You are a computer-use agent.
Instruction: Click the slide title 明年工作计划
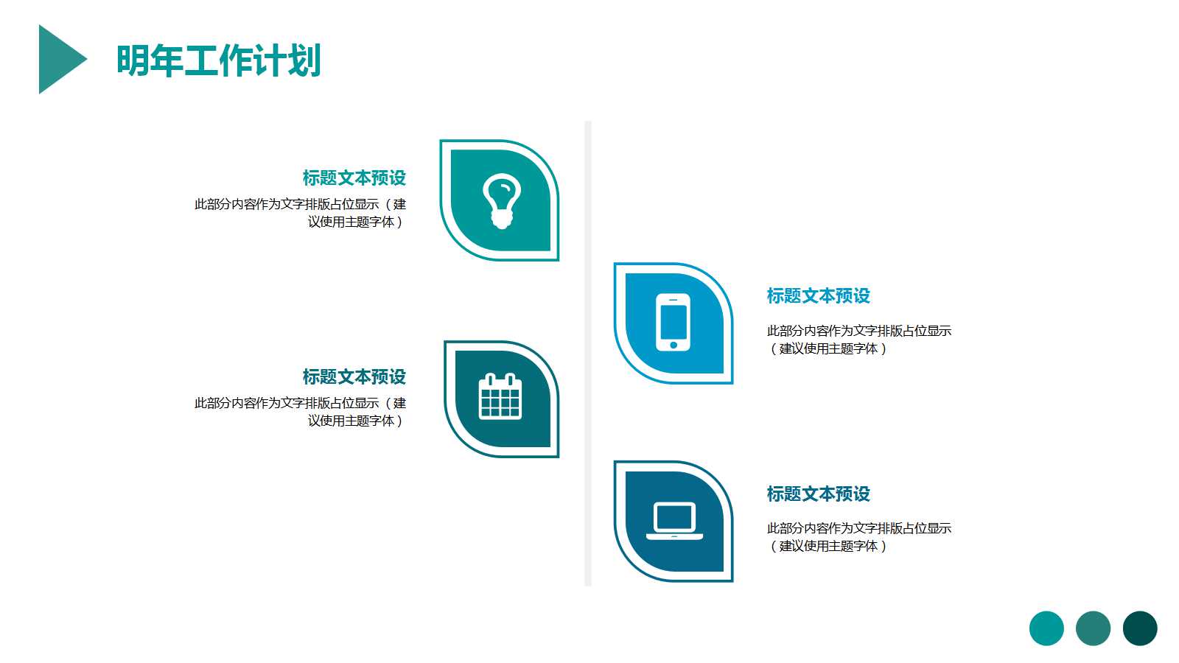pyautogui.click(x=219, y=60)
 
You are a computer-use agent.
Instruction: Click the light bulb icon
pyautogui.click(x=501, y=200)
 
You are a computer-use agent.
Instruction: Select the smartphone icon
pyautogui.click(x=673, y=322)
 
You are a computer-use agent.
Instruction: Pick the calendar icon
pyautogui.click(x=500, y=397)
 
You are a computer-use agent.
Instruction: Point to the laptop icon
pyautogui.click(x=674, y=521)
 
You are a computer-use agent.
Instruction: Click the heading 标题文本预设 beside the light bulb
pyautogui.click(x=354, y=178)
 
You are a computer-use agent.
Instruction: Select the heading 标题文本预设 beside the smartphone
pyautogui.click(x=818, y=296)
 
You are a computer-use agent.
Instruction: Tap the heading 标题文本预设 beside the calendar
pyautogui.click(x=354, y=377)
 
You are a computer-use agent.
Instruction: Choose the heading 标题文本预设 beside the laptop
pyautogui.click(x=818, y=494)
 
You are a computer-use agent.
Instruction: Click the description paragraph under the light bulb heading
pyautogui.click(x=300, y=213)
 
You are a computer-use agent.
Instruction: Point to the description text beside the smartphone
pyautogui.click(x=858, y=340)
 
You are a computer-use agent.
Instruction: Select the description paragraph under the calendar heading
pyautogui.click(x=300, y=412)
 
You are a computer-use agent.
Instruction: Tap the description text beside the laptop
pyautogui.click(x=858, y=537)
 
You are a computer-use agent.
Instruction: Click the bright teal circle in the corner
pyautogui.click(x=1046, y=628)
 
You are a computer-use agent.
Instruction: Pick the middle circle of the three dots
pyautogui.click(x=1093, y=628)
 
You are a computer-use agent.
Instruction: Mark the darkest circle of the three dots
pyautogui.click(x=1140, y=628)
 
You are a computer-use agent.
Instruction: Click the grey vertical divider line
pyautogui.click(x=588, y=354)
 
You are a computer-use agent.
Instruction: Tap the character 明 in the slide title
pyautogui.click(x=133, y=60)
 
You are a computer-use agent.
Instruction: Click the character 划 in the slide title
pyautogui.click(x=304, y=60)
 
